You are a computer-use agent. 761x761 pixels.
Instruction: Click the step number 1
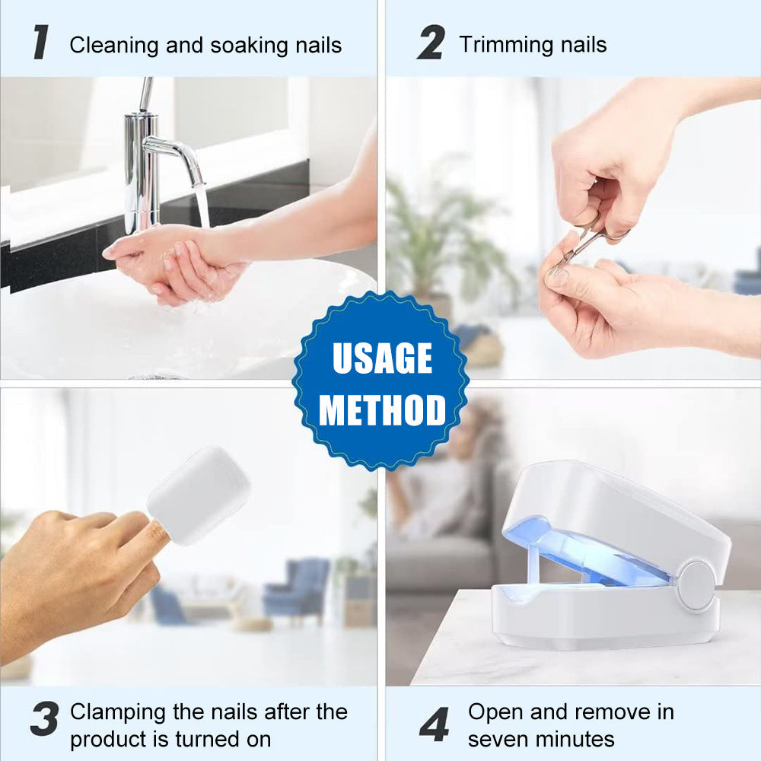point(40,43)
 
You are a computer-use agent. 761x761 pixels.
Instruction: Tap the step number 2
point(431,43)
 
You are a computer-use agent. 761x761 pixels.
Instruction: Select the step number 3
point(45,719)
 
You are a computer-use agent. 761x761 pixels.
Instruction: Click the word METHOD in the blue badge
point(382,410)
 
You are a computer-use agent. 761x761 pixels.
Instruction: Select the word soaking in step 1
point(244,45)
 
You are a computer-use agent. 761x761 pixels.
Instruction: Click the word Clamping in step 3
point(118,712)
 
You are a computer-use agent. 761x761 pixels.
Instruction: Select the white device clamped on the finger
point(199,495)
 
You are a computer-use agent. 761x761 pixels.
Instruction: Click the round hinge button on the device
point(696,585)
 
